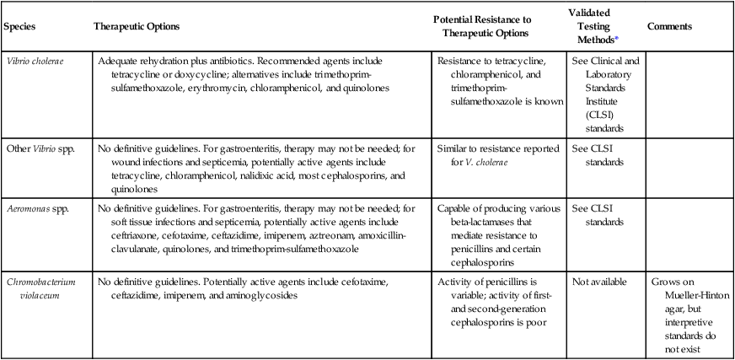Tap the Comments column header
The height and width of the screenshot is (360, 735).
669,26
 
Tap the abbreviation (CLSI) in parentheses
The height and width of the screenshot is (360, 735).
590,116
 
